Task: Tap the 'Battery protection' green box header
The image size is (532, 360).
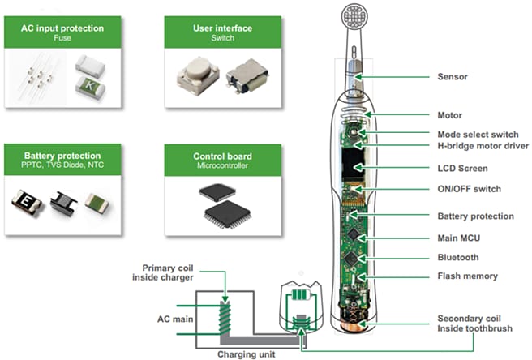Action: pyautogui.click(x=62, y=159)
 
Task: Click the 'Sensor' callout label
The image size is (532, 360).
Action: pyautogui.click(x=452, y=76)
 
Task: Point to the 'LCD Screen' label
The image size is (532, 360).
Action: pyautogui.click(x=461, y=168)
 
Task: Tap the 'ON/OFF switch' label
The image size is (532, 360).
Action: pyautogui.click(x=469, y=189)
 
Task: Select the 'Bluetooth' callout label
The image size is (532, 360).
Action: pyautogui.click(x=457, y=257)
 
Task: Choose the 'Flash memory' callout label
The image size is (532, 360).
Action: pyautogui.click(x=467, y=276)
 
